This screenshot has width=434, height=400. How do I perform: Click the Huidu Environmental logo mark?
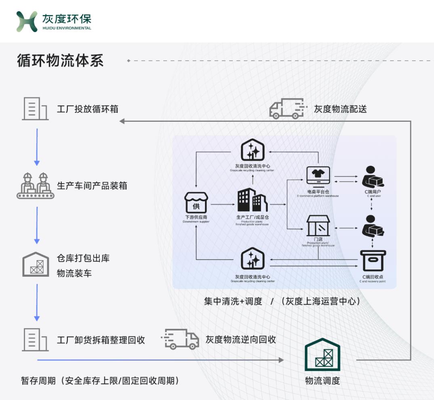click(27, 21)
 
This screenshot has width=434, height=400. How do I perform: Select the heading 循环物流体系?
click(60, 61)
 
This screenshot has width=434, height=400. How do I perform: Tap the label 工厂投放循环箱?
click(87, 109)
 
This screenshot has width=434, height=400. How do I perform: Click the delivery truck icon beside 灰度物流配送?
click(287, 108)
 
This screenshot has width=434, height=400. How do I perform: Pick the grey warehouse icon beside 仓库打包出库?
click(35, 265)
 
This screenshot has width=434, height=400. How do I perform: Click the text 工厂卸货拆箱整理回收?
click(101, 340)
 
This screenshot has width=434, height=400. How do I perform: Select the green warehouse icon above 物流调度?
click(322, 355)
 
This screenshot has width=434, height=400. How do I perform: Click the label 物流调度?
click(322, 381)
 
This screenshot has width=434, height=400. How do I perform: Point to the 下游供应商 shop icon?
click(196, 203)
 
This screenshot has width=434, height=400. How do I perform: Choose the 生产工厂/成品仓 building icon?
click(252, 200)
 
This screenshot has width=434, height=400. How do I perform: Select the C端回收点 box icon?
click(373, 260)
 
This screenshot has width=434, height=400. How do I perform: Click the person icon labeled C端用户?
click(372, 177)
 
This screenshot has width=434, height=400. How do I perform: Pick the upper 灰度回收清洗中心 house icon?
click(253, 150)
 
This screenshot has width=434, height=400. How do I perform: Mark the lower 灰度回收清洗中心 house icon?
click(253, 259)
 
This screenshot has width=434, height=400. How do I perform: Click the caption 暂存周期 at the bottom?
click(38, 381)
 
